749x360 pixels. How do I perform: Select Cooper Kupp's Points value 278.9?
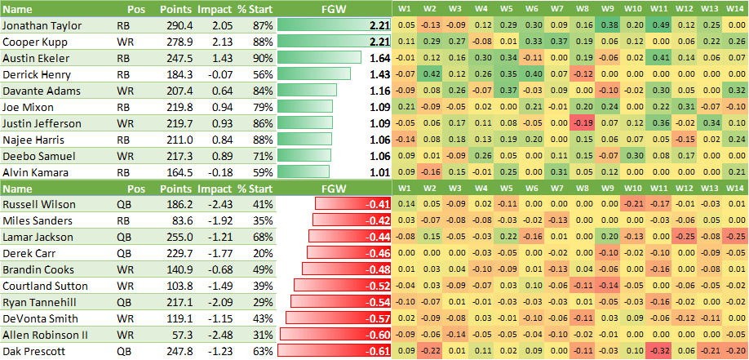179,42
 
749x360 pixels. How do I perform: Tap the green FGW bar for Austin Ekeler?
319,59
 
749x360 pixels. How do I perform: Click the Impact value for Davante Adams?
216,91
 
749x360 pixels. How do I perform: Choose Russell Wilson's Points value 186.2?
179,204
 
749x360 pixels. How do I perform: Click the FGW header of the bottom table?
333,189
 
